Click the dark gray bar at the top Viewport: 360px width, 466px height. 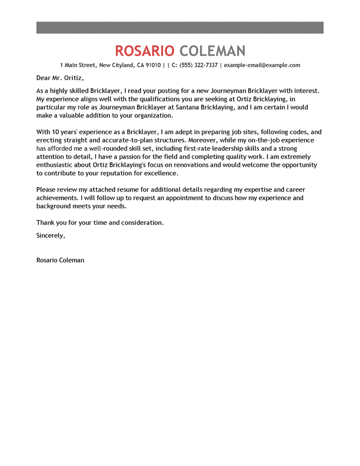180,27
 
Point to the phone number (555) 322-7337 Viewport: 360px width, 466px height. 198,65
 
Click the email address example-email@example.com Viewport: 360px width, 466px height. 262,65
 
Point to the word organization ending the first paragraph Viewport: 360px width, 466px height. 147,116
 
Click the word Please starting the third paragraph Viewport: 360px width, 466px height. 47,188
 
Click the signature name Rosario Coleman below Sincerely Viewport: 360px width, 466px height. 60,260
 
